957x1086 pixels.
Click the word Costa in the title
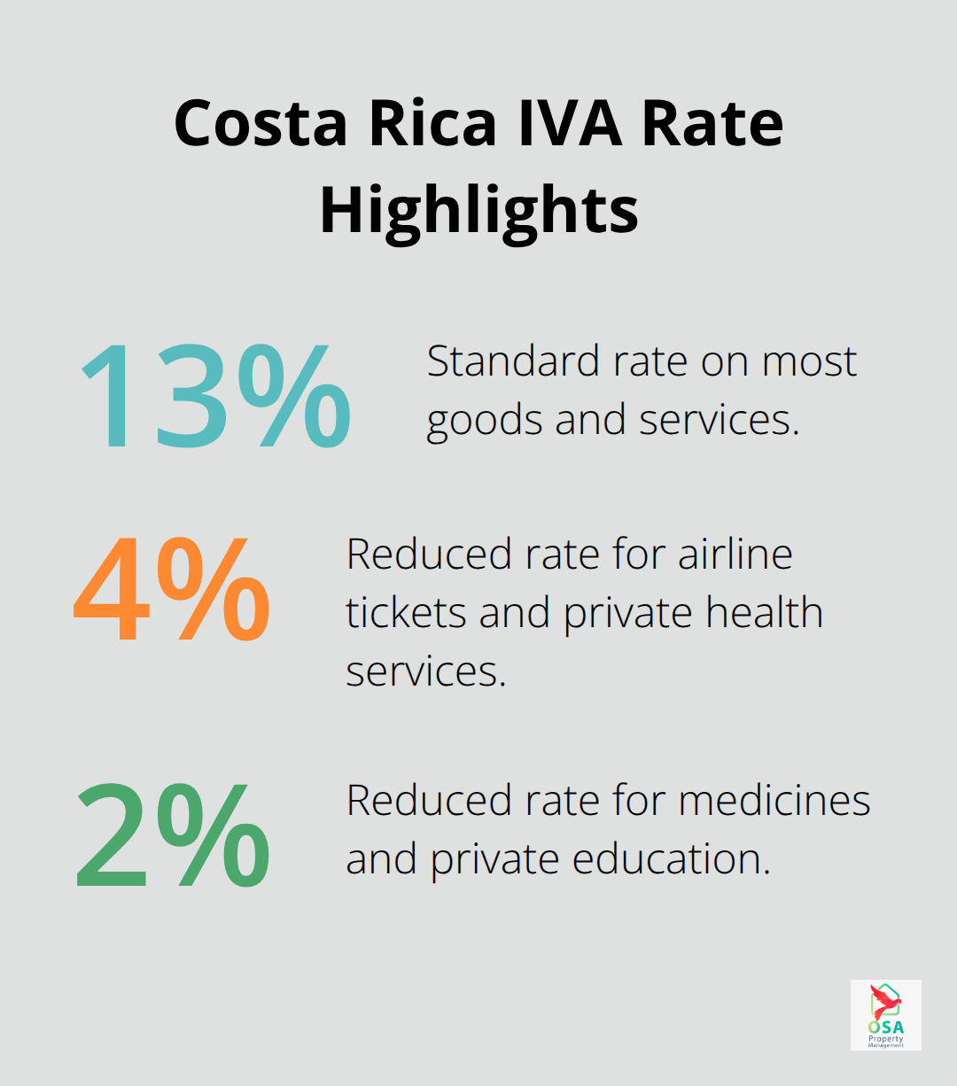pyautogui.click(x=261, y=124)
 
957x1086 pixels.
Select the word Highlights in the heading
pyautogui.click(x=478, y=211)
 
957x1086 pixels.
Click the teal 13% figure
pyautogui.click(x=214, y=395)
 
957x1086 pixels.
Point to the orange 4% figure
pyautogui.click(x=171, y=588)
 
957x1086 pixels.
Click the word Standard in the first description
pyautogui.click(x=500, y=361)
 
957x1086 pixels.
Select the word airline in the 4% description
pyautogui.click(x=735, y=555)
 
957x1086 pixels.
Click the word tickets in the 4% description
pyautogui.click(x=406, y=613)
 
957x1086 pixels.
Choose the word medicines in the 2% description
pyautogui.click(x=774, y=801)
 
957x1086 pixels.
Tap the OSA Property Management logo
pyautogui.click(x=885, y=1015)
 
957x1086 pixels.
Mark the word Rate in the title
pyautogui.click(x=712, y=124)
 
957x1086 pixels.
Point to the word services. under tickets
pyautogui.click(x=425, y=671)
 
